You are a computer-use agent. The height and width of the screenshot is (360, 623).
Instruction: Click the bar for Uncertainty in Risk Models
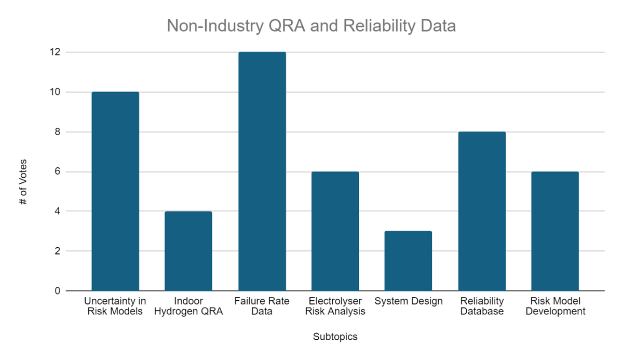[x=115, y=191]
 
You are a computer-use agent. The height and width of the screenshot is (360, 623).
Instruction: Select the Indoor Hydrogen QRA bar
[x=188, y=251]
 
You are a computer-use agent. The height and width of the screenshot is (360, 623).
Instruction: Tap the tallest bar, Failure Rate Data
[x=262, y=171]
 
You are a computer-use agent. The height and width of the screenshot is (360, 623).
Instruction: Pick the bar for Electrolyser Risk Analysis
[x=335, y=231]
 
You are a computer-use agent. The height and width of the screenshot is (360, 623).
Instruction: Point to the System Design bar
[x=408, y=261]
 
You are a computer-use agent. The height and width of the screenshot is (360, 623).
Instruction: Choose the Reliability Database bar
[x=482, y=211]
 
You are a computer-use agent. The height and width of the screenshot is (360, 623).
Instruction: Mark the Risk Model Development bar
[x=555, y=231]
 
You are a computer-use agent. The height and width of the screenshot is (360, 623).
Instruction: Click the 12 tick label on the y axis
[x=55, y=52]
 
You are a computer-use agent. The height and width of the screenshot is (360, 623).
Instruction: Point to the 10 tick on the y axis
[x=55, y=92]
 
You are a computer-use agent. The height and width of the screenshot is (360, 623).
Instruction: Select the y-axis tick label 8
[x=57, y=132]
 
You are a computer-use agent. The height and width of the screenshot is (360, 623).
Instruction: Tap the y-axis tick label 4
[x=57, y=211]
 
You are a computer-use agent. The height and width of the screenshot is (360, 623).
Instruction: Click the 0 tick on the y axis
[x=57, y=291]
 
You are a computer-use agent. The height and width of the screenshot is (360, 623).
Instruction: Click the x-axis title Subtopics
[x=335, y=337]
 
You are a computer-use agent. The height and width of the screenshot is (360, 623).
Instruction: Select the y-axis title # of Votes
[x=23, y=182]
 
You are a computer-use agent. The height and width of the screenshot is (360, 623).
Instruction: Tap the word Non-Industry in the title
[x=215, y=26]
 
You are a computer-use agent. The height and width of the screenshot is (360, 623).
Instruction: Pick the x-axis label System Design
[x=408, y=301]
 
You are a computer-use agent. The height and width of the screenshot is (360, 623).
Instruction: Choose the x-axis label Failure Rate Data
[x=262, y=306]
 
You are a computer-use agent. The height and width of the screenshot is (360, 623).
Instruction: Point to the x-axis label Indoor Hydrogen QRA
[x=188, y=306]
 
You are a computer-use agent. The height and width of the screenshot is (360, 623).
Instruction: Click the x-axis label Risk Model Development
[x=556, y=306]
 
